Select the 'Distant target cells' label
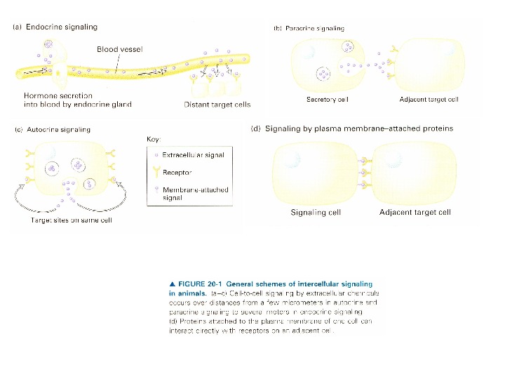pyautogui.click(x=217, y=105)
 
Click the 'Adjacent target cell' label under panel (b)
pyautogui.click(x=429, y=100)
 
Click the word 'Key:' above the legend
pyautogui.click(x=154, y=139)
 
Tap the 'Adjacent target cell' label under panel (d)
pyautogui.click(x=415, y=212)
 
